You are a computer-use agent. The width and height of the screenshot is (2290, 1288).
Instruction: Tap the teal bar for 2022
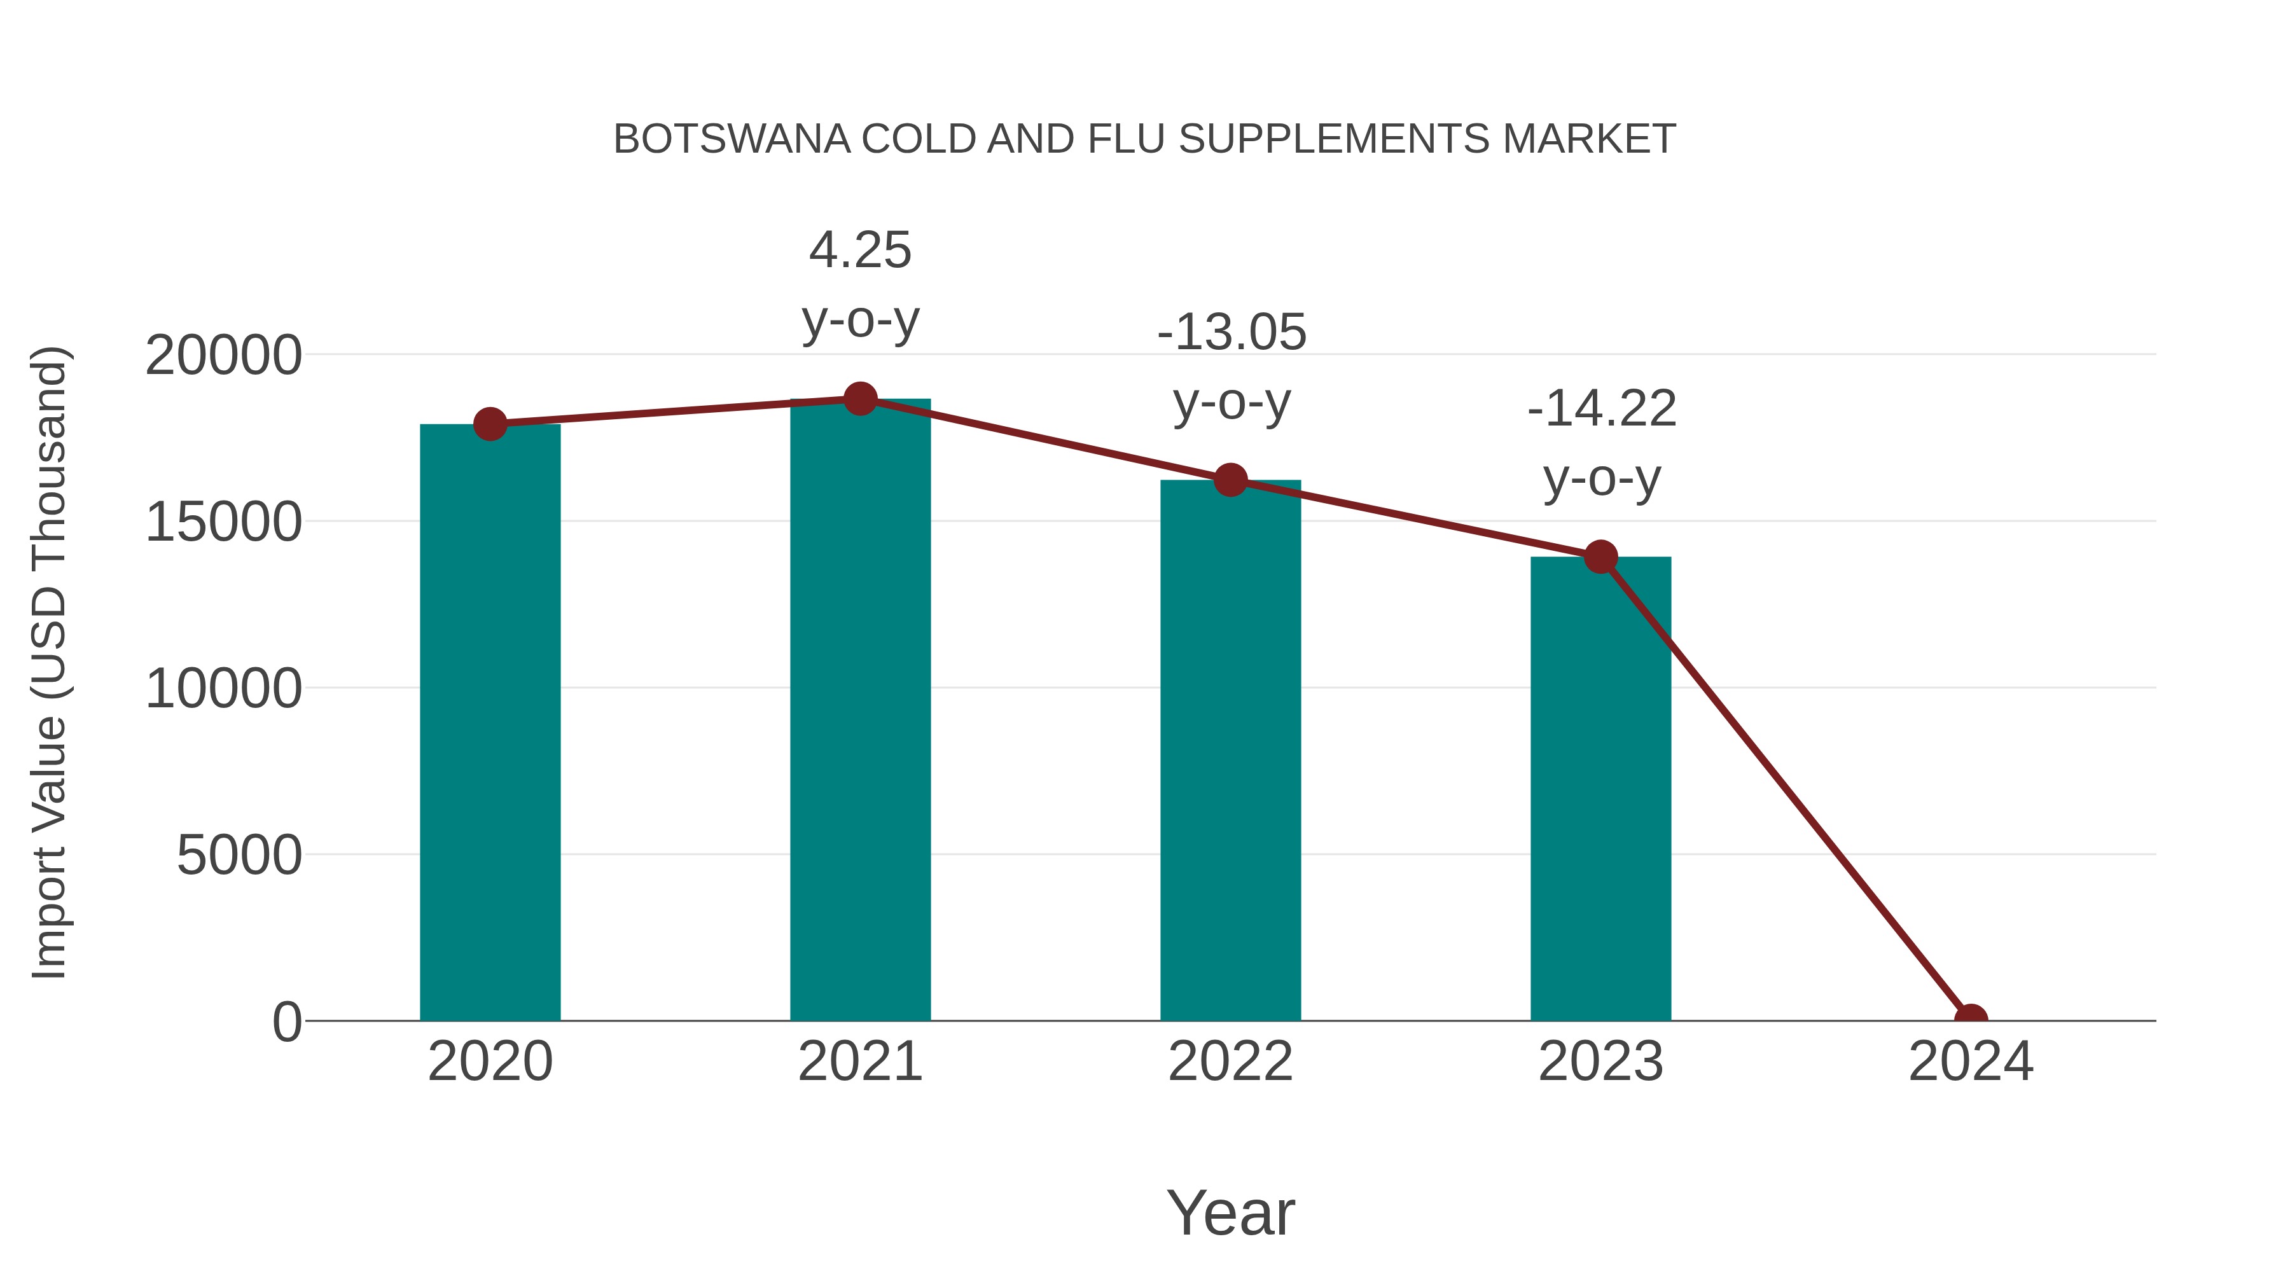pos(1230,751)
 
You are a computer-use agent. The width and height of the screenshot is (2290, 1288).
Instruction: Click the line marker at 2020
pos(490,424)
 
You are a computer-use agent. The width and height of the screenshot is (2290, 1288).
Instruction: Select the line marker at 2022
pos(1230,480)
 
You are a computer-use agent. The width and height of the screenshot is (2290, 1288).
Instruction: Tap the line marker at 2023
pos(1600,557)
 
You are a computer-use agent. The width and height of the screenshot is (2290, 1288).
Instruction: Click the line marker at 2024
pos(1971,1019)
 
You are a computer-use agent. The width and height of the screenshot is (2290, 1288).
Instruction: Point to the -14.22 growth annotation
pos(1601,409)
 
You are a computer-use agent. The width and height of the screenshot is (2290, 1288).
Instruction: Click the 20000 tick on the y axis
pos(223,356)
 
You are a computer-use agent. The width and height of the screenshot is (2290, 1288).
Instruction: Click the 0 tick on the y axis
pos(287,1021)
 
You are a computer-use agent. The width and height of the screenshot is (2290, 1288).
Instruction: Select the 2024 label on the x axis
pos(1971,1062)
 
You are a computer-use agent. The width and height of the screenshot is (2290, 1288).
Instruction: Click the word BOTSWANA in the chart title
pos(732,139)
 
